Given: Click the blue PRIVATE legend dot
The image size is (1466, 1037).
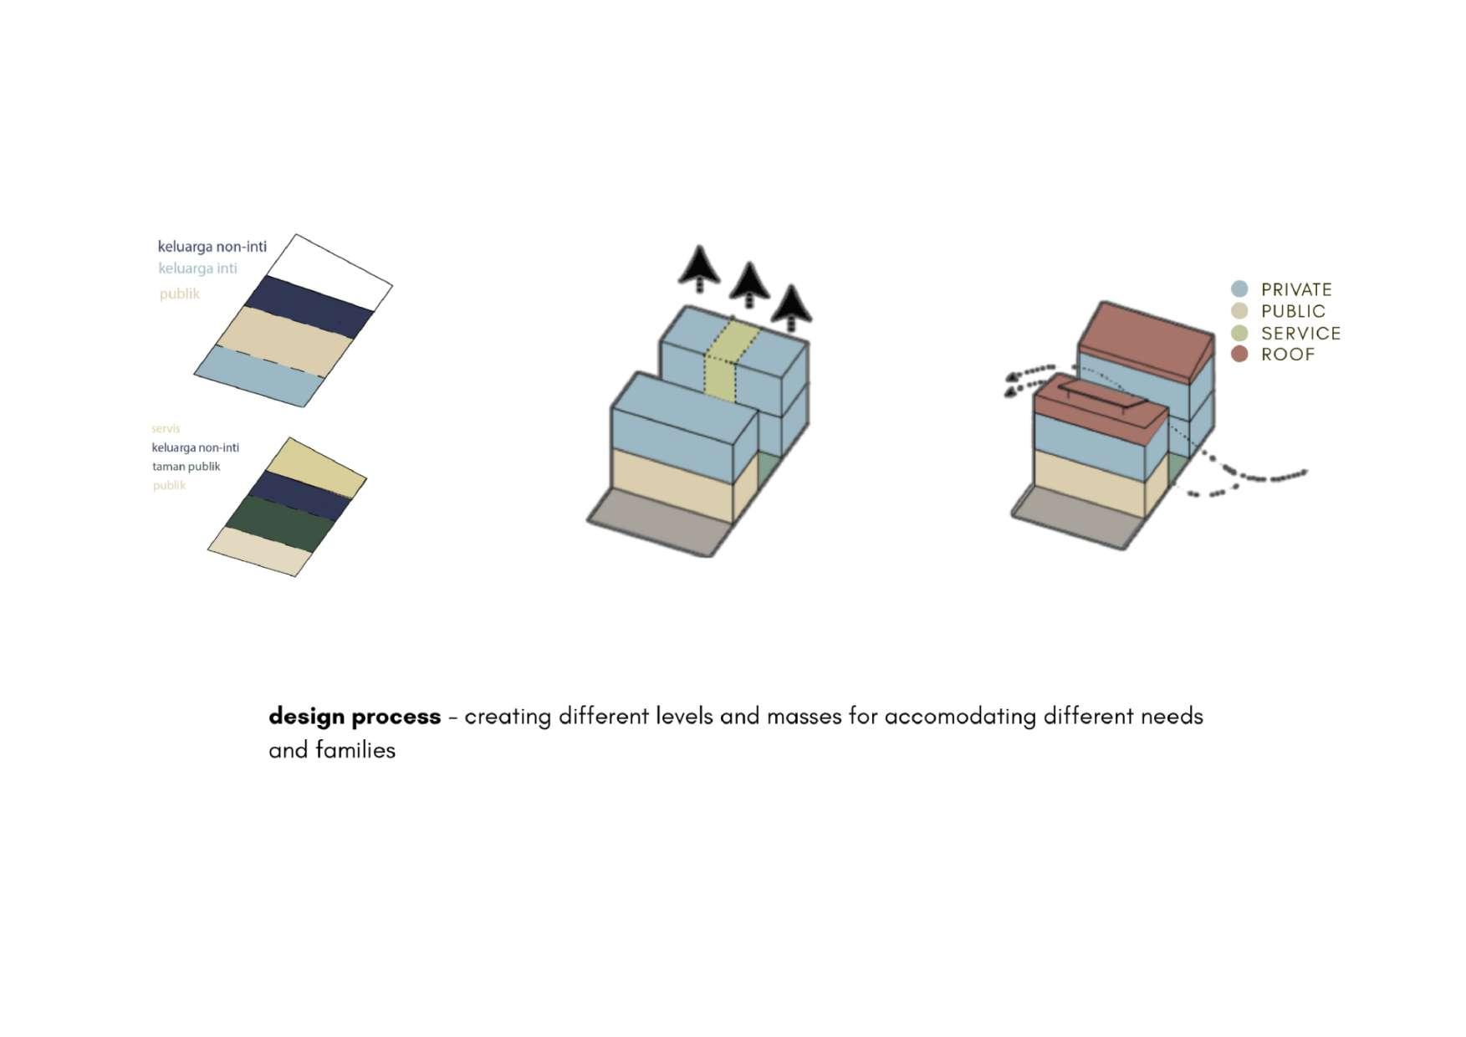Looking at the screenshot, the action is click(1239, 289).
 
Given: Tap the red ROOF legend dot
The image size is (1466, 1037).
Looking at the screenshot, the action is click(1239, 354).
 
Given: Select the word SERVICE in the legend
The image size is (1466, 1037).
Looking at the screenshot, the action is click(1300, 333).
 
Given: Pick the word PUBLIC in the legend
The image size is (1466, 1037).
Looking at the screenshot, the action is click(1293, 311).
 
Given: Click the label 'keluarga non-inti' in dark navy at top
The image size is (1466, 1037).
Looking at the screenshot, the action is click(212, 247).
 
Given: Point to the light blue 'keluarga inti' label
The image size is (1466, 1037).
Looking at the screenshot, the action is click(198, 268).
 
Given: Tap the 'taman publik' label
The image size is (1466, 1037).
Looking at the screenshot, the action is click(186, 467).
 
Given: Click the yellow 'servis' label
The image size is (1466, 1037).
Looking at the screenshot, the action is click(166, 428).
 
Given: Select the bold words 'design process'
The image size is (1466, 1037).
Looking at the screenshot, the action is click(355, 717).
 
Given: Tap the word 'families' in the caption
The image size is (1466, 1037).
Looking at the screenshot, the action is click(355, 750).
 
